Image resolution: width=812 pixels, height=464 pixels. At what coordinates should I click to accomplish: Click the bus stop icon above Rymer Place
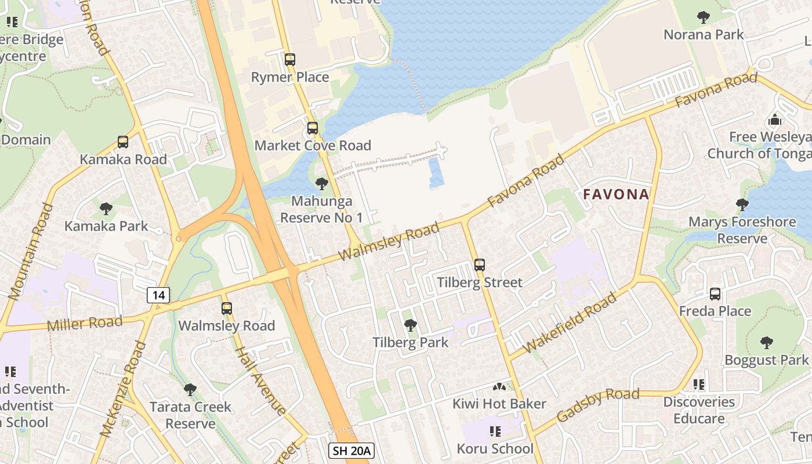click(x=290, y=59)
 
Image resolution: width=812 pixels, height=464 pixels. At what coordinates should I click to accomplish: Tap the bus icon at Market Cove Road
click(x=313, y=128)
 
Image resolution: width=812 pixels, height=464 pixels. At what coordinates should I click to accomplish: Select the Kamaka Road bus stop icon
click(x=123, y=142)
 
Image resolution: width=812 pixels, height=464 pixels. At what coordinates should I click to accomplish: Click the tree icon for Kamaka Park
click(x=106, y=209)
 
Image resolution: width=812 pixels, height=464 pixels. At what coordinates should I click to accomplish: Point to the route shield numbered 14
click(x=158, y=295)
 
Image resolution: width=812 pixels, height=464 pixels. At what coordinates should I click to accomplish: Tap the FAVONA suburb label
click(x=616, y=194)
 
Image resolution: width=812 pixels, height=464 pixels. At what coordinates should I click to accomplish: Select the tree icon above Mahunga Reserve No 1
click(x=321, y=184)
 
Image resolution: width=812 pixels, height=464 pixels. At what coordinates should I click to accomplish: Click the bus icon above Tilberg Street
click(x=480, y=265)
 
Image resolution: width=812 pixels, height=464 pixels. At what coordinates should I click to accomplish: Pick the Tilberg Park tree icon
click(x=411, y=325)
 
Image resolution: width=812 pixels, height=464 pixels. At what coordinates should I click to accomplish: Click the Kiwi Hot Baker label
click(x=499, y=404)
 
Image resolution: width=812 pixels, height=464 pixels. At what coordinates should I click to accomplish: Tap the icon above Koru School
click(x=495, y=432)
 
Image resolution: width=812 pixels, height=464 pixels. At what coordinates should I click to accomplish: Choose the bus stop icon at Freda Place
click(x=715, y=294)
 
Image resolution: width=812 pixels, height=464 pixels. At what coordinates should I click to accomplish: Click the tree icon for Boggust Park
click(x=767, y=343)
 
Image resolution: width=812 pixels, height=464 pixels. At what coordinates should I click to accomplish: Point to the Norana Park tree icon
click(x=704, y=17)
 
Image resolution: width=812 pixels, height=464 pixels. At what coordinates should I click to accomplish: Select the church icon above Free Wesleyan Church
click(x=775, y=120)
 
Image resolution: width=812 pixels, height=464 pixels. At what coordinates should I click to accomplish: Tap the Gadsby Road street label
click(x=597, y=405)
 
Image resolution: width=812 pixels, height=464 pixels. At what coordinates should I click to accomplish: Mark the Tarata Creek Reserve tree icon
click(x=190, y=389)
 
